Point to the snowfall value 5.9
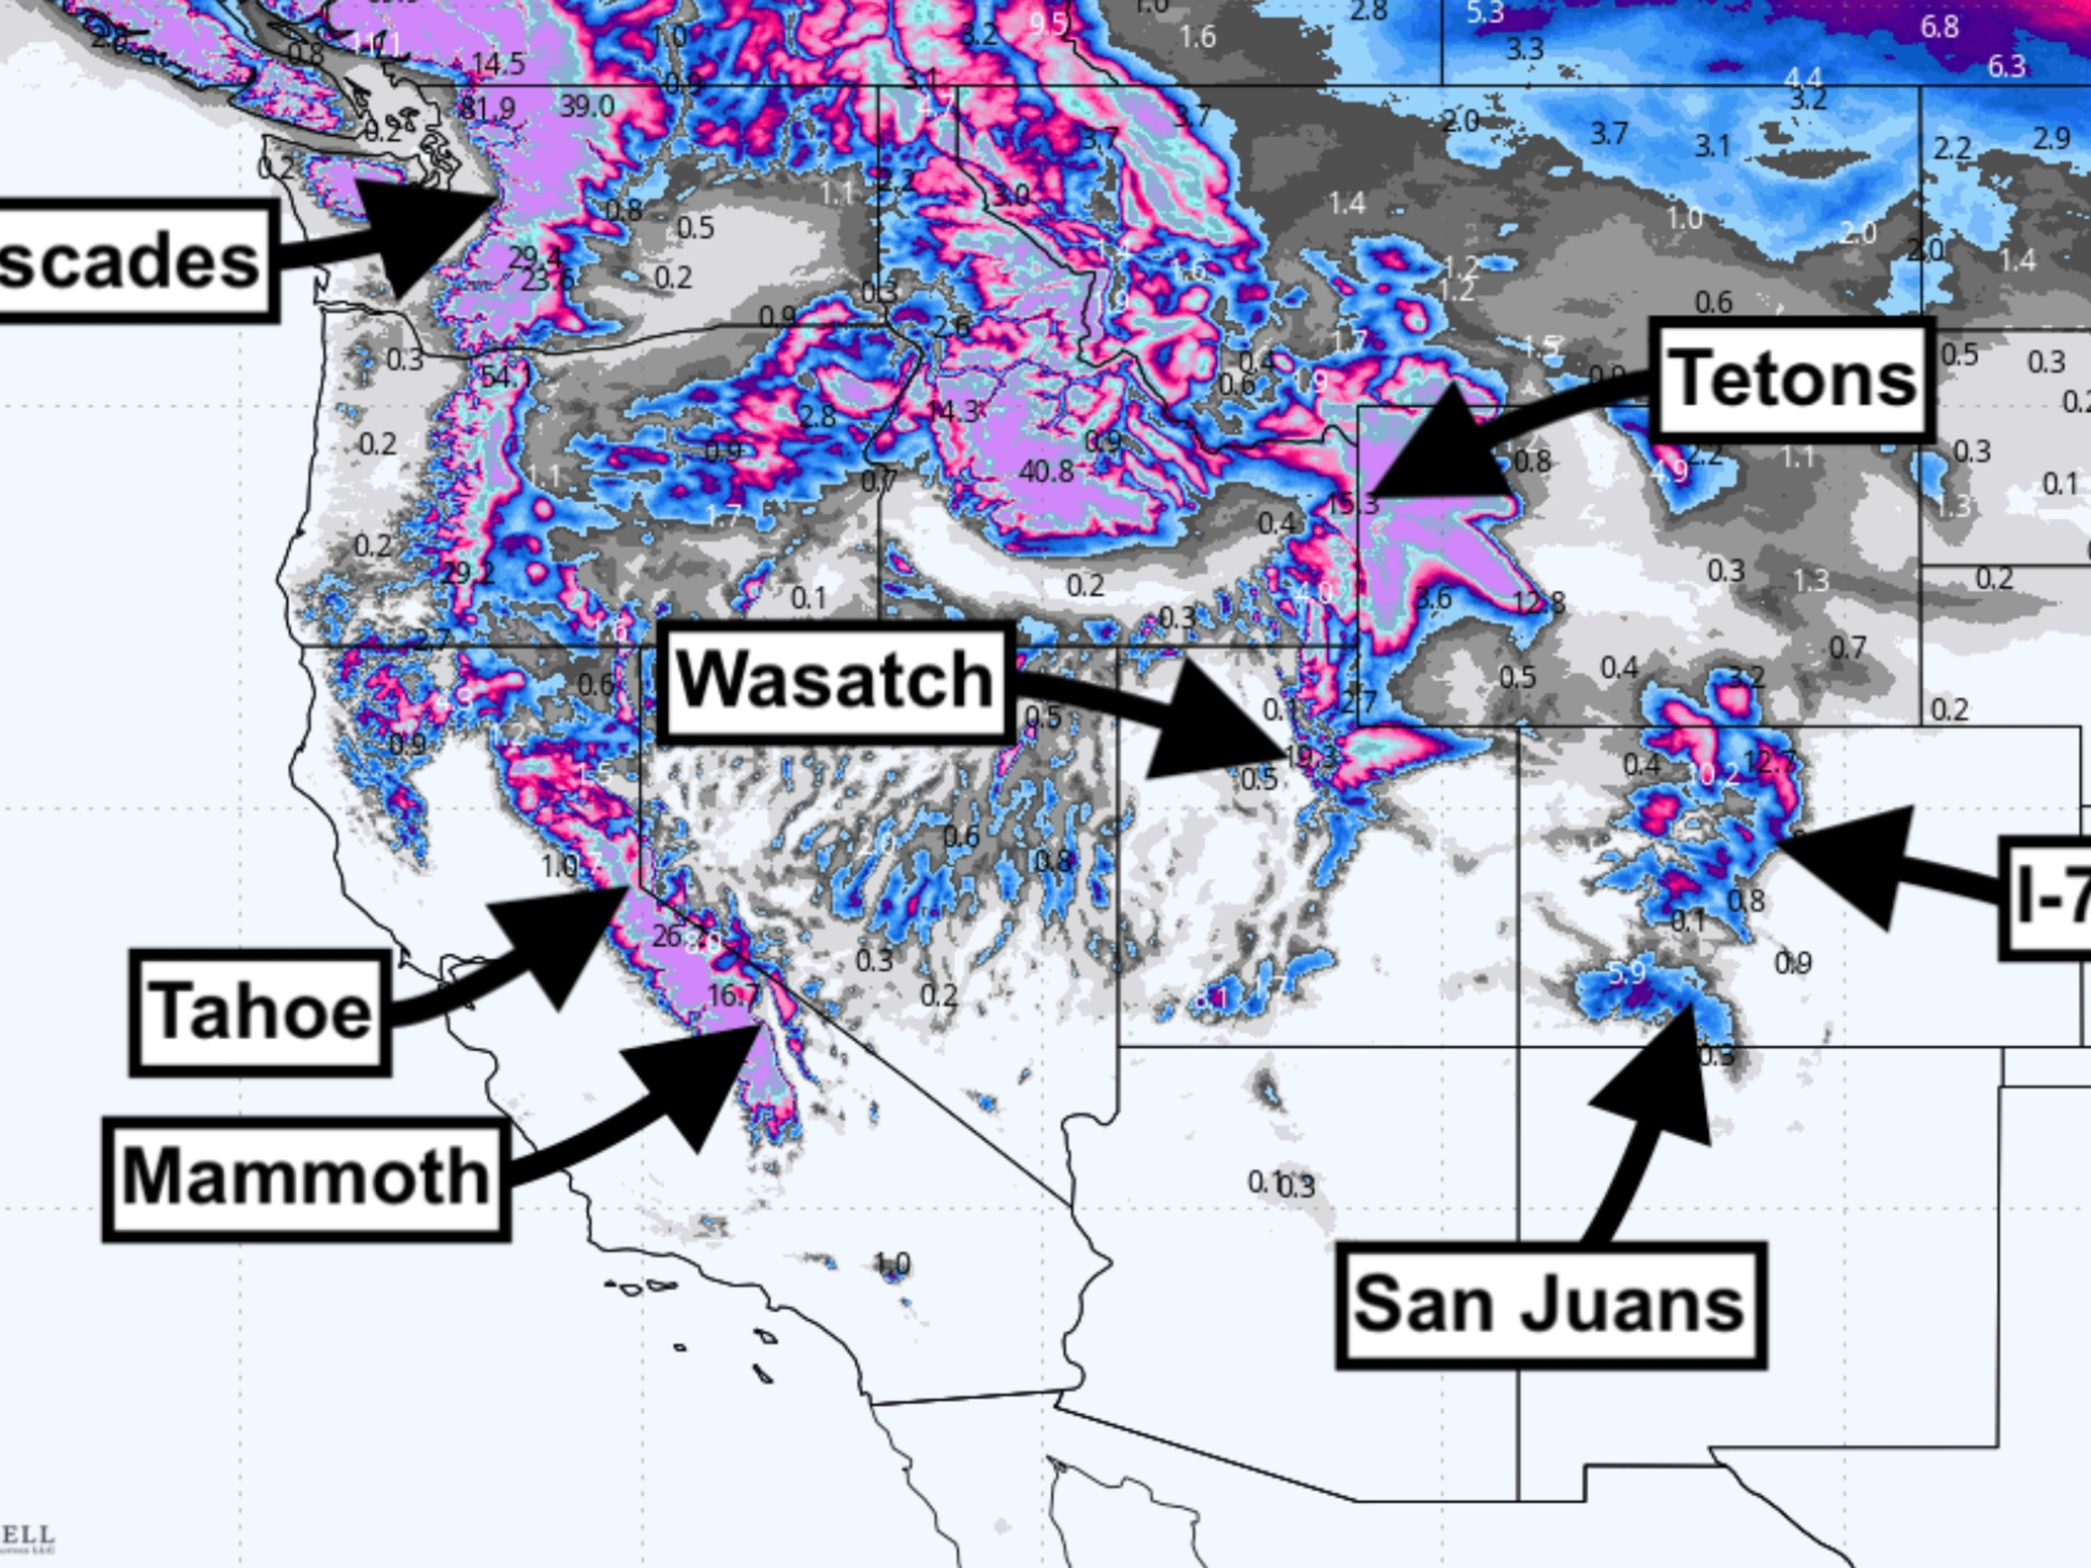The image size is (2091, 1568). (x=1626, y=972)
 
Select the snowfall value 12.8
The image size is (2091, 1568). (x=1538, y=602)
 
